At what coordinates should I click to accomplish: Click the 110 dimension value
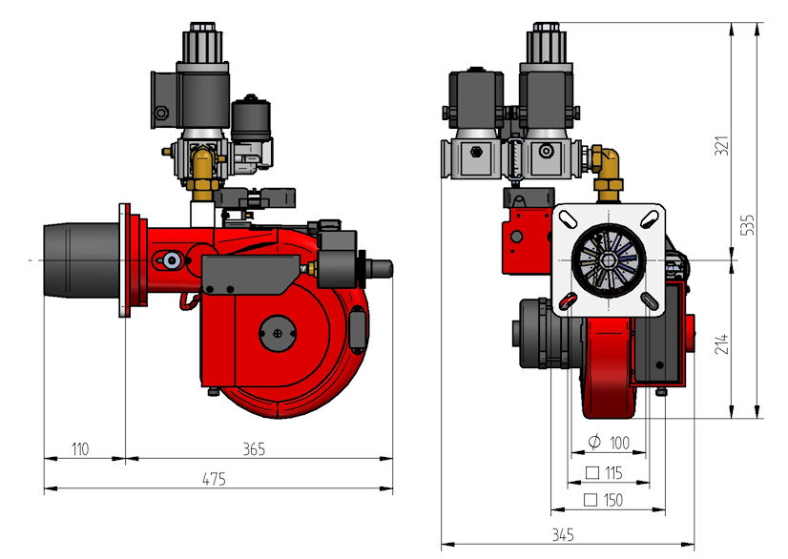(80, 449)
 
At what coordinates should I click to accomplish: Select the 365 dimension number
(254, 449)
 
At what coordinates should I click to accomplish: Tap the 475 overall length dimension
(214, 479)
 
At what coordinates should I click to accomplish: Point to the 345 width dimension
(563, 534)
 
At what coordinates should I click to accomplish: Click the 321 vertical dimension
(721, 145)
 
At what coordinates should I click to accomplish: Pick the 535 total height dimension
(748, 225)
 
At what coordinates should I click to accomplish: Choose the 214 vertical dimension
(721, 343)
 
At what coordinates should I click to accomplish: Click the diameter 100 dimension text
(609, 443)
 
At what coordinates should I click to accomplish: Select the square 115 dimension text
(604, 472)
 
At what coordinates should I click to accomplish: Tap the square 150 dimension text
(603, 500)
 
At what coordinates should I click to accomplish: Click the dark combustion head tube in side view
(82, 260)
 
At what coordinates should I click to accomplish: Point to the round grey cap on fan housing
(278, 333)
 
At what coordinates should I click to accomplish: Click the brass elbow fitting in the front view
(608, 169)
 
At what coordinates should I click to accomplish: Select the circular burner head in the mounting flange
(609, 259)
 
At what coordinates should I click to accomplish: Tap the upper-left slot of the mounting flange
(568, 219)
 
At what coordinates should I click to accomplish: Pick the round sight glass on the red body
(172, 259)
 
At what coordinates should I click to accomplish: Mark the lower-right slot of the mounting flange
(650, 301)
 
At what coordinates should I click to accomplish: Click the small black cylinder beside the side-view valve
(251, 119)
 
